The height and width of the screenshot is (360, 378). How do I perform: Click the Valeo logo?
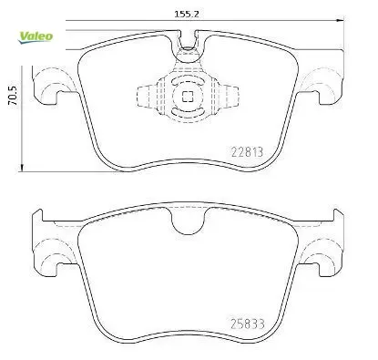point(36,37)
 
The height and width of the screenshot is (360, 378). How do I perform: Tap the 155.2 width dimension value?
point(187,14)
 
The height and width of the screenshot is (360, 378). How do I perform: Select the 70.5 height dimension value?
point(14,96)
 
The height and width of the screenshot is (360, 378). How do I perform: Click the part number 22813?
point(247,152)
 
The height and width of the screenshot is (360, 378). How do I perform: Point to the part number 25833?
point(248,324)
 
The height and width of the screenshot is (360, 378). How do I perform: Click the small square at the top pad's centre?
point(188,97)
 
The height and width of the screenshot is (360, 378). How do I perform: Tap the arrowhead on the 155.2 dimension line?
point(341,20)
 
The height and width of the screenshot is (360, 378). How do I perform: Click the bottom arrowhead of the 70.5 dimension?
point(22,168)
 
